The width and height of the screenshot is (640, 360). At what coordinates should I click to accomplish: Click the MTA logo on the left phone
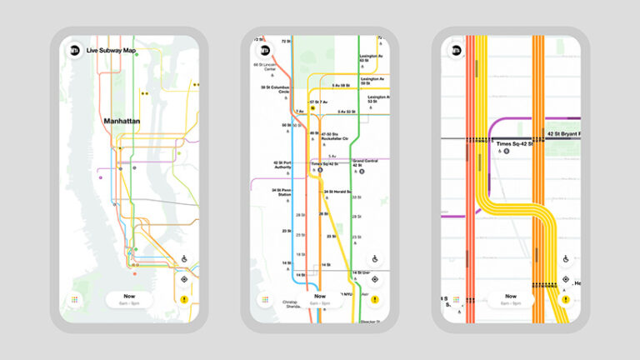click(74, 50)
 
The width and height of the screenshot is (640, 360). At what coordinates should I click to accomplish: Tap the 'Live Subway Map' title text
click(111, 51)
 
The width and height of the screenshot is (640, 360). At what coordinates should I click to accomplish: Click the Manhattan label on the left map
click(121, 122)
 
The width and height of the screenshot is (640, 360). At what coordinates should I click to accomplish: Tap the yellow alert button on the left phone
click(183, 299)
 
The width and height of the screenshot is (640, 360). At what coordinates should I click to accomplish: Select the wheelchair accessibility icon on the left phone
click(183, 258)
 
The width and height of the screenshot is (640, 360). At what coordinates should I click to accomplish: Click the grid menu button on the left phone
click(74, 299)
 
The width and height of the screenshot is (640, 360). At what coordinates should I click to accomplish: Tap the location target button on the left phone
click(183, 278)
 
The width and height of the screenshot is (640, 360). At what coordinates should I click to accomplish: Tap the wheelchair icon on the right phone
click(566, 258)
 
